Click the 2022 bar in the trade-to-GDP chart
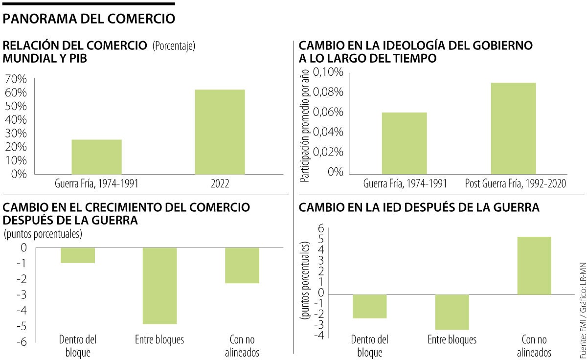(220, 132)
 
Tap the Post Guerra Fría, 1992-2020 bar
(514, 128)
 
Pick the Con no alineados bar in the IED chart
(534, 266)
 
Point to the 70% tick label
(16, 80)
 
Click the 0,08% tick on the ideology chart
(328, 92)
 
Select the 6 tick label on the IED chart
(321, 228)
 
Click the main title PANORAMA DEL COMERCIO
(89, 19)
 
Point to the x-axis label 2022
(220, 184)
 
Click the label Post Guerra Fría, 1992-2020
(514, 184)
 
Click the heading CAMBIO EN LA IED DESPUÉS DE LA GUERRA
(419, 207)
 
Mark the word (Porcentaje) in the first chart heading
(174, 46)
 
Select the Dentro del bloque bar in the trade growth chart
(78, 255)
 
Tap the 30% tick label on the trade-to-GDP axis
(16, 134)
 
